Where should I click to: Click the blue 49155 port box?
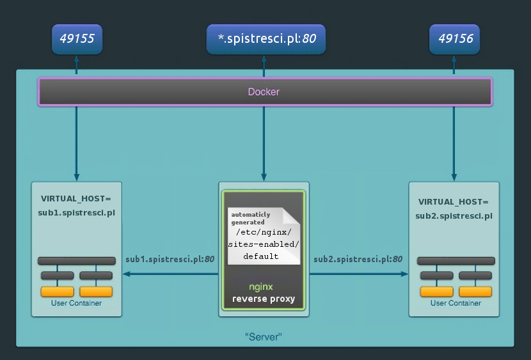tap(77, 39)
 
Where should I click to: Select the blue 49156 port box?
tap(454, 39)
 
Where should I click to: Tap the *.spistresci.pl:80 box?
tap(266, 39)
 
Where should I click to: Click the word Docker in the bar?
tap(264, 91)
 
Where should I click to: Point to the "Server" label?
tap(264, 336)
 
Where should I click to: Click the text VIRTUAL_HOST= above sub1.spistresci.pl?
tap(76, 199)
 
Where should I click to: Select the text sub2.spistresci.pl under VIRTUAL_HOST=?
tap(454, 216)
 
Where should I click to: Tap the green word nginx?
tap(261, 287)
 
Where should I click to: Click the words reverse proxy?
tap(264, 299)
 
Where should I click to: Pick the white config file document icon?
tap(264, 236)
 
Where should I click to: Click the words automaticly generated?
tap(251, 218)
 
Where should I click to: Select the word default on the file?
tap(261, 256)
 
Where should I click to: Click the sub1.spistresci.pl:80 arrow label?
tap(170, 259)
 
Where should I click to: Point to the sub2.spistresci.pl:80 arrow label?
tap(358, 259)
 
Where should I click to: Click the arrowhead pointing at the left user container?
tap(126, 274)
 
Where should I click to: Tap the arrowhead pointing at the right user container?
tap(404, 274)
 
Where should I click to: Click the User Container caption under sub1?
tap(76, 303)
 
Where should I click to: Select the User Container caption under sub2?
tap(456, 303)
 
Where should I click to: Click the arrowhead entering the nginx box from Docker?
tap(264, 177)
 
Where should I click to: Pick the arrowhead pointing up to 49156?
tap(454, 59)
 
